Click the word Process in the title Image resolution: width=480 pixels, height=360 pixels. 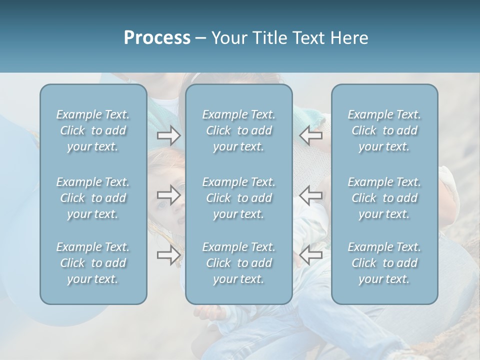pyautogui.click(x=157, y=38)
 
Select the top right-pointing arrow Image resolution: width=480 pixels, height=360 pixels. pyautogui.click(x=169, y=134)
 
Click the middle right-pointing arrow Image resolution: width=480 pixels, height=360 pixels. pyautogui.click(x=169, y=194)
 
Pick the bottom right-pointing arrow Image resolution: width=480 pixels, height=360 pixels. pyautogui.click(x=169, y=255)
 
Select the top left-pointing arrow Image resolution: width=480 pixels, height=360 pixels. pyautogui.click(x=311, y=134)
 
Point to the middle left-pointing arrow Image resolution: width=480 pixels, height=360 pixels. pyautogui.click(x=311, y=194)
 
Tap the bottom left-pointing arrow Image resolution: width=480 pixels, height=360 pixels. pyautogui.click(x=311, y=255)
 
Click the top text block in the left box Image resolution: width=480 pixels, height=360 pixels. pyautogui.click(x=93, y=130)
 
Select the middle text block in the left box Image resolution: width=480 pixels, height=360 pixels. pyautogui.click(x=93, y=198)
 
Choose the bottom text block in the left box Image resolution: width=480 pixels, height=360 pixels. pyautogui.click(x=93, y=263)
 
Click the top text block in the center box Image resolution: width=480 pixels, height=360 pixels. pyautogui.click(x=239, y=130)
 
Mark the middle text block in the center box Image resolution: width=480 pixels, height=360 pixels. pyautogui.click(x=239, y=198)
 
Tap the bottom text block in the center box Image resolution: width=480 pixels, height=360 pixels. pyautogui.click(x=239, y=263)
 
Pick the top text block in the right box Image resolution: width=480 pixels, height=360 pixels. pyautogui.click(x=384, y=130)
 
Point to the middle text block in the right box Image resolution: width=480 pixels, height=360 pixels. pyautogui.click(x=384, y=198)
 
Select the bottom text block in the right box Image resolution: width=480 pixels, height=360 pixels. pyautogui.click(x=384, y=263)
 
